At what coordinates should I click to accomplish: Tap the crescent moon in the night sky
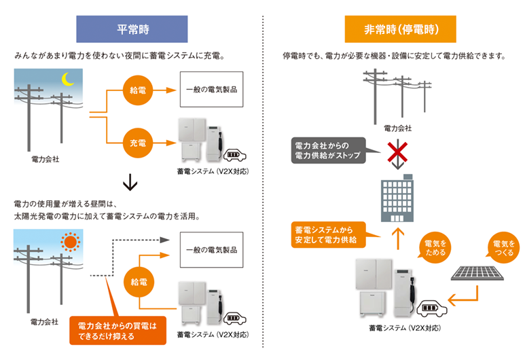coord(68,79)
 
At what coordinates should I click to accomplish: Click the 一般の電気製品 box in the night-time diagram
coord(211,90)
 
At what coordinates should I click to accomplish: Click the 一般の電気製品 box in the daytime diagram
coord(211,250)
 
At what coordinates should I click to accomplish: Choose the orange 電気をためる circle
coord(435,248)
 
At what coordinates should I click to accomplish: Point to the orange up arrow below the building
coord(398,237)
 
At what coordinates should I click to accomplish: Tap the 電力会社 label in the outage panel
coord(397,128)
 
